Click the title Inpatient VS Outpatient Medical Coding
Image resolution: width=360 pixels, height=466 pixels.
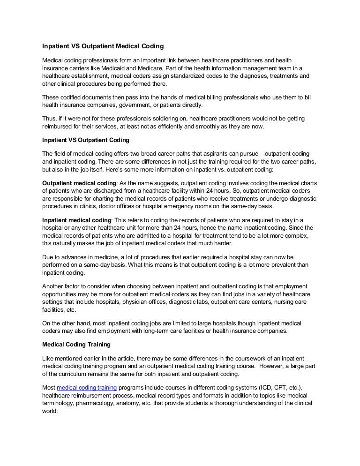coord(103,47)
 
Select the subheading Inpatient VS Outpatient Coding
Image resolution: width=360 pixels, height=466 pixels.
coord(86,140)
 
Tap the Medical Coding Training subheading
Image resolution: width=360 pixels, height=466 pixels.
coord(76,345)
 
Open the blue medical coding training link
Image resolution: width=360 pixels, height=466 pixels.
coord(87,388)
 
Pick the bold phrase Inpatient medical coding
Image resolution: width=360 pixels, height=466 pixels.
coord(77,220)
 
